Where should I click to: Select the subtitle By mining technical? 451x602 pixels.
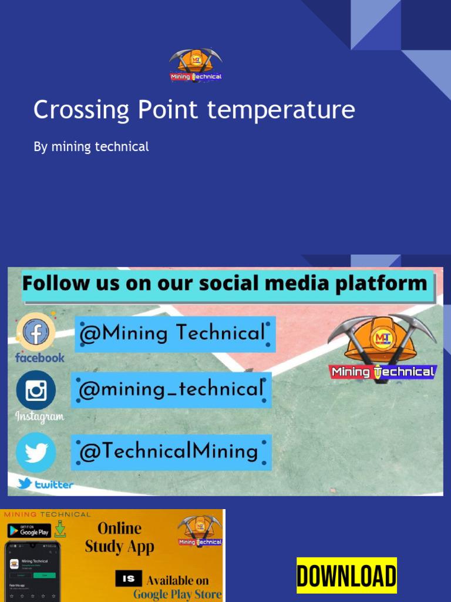click(91, 146)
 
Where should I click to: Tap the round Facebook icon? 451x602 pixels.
click(36, 332)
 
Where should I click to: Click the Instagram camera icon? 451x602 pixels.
click(36, 390)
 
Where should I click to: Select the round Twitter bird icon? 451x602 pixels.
click(36, 453)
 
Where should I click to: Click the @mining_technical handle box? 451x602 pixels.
click(171, 389)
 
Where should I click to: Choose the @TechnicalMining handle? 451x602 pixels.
click(171, 451)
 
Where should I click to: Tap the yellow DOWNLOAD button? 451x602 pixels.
click(346, 576)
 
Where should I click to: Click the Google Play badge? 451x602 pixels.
click(29, 531)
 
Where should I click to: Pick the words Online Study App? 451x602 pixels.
click(120, 537)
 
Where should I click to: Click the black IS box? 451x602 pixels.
click(129, 578)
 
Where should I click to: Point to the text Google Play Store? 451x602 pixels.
click(177, 594)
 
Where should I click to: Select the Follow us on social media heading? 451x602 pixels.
click(225, 284)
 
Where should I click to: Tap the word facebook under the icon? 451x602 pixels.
click(40, 357)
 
